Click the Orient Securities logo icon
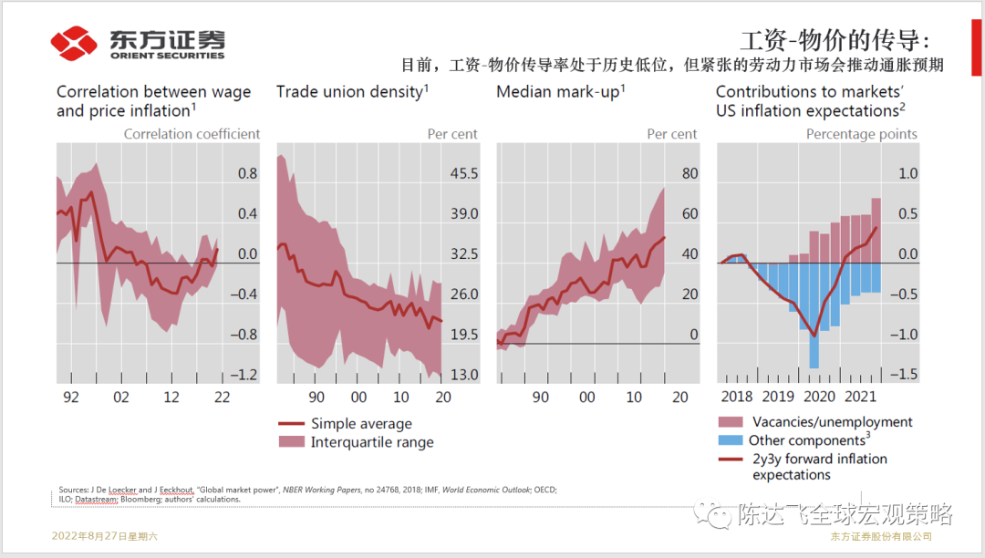tap(74, 42)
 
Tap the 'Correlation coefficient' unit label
tap(192, 134)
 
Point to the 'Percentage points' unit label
tap(862, 134)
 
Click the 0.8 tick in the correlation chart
tap(247, 174)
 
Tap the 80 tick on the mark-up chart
tap(689, 174)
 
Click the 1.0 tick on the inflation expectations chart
tap(908, 174)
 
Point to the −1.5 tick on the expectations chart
tap(906, 375)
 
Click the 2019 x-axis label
tap(778, 397)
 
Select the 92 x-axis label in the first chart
tap(71, 397)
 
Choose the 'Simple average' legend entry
tap(361, 424)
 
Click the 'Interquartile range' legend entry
tap(372, 442)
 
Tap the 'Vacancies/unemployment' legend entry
tap(832, 422)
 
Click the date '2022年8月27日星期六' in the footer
tap(105, 536)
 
